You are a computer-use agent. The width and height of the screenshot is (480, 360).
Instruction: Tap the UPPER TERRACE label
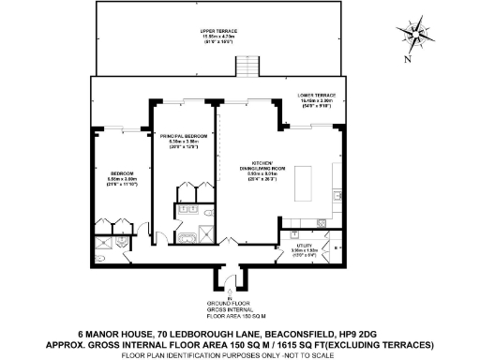[x=218, y=31]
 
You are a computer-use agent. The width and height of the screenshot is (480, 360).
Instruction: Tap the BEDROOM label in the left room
[x=123, y=173]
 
